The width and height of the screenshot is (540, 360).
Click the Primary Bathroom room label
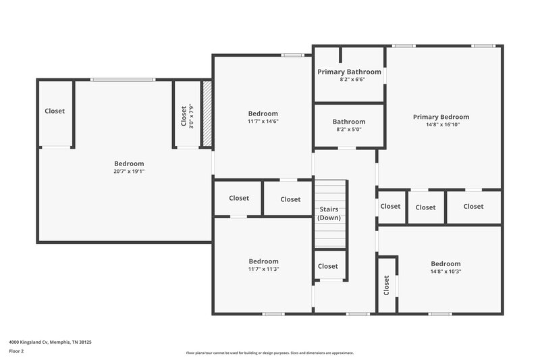pos(349,72)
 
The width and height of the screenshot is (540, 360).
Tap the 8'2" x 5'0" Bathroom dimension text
pos(349,129)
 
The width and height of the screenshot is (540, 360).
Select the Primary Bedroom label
pos(441,117)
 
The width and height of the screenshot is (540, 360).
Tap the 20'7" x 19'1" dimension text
pos(129,172)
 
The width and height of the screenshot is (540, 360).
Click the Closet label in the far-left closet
pos(55,111)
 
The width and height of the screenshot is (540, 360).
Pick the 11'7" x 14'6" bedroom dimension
pos(263,122)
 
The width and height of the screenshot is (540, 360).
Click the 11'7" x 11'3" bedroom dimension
pos(263,269)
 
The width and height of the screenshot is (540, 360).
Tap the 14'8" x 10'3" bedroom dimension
pos(446,272)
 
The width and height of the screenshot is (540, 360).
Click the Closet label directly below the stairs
pos(328,266)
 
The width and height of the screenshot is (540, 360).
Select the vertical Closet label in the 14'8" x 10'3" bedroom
pos(387,286)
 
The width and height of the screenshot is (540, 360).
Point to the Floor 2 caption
pos(17,351)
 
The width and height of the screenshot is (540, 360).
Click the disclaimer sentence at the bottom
pos(270,353)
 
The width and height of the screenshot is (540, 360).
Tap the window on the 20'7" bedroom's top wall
pos(123,80)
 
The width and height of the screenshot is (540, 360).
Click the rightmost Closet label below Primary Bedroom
pos(473,206)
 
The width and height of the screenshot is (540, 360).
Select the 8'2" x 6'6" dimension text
pos(349,79)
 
